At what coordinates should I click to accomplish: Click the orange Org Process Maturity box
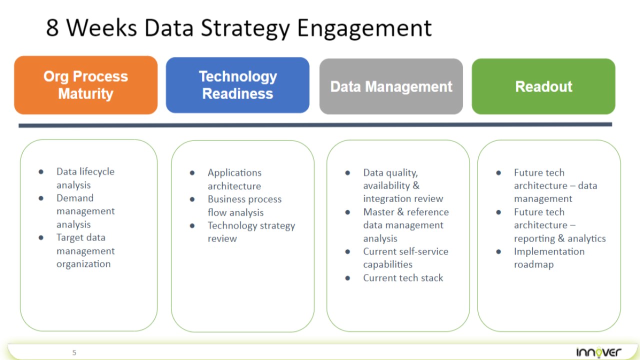click(x=85, y=85)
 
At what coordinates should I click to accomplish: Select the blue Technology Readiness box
click(x=237, y=85)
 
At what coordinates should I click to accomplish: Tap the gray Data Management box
click(x=391, y=86)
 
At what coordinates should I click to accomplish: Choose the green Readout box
click(x=543, y=86)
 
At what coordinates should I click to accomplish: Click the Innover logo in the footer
click(x=598, y=351)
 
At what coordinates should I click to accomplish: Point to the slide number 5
click(x=74, y=352)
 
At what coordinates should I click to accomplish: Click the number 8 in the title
click(x=52, y=28)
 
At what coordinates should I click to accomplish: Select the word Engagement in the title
click(x=364, y=28)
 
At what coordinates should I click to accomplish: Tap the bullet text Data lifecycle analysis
click(x=85, y=178)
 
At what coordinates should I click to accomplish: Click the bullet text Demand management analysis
click(x=85, y=211)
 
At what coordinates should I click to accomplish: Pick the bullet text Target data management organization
click(x=85, y=250)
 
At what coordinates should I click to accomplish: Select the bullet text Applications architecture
click(x=234, y=179)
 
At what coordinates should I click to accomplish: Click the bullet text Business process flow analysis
click(x=244, y=205)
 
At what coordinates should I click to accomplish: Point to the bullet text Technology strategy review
click(x=251, y=231)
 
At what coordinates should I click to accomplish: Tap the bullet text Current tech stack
click(x=403, y=278)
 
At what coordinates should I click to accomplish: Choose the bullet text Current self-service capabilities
click(x=405, y=257)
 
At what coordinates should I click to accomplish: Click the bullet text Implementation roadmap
click(x=548, y=257)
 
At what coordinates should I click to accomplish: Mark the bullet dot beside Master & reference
click(x=347, y=212)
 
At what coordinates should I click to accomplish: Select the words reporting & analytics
click(x=559, y=238)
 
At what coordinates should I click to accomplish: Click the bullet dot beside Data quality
click(x=347, y=173)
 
